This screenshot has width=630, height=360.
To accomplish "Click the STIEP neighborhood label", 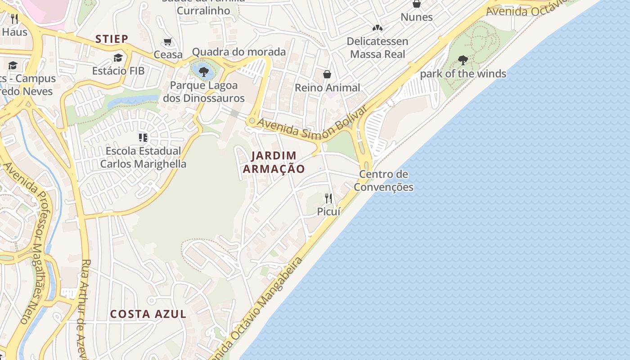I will tap(112, 39).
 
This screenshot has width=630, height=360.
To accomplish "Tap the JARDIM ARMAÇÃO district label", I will tap(274, 162).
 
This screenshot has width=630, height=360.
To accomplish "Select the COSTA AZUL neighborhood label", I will tap(148, 314).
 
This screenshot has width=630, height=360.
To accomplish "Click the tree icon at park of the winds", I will tap(463, 60).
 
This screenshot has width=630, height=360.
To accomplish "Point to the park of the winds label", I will tap(463, 74).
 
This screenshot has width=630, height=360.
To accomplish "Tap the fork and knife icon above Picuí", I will tap(328, 198).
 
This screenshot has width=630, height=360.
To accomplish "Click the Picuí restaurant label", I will tap(328, 211).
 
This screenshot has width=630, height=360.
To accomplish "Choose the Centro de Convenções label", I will tap(383, 180).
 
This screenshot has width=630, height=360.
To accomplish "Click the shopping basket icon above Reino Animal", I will tap(327, 74).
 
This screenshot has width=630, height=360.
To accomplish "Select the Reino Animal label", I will tap(327, 88).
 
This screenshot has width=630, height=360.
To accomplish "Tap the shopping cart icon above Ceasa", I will tap(168, 42).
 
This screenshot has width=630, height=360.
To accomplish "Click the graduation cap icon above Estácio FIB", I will tap(118, 58).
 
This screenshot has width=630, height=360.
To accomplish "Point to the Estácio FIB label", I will tap(118, 71).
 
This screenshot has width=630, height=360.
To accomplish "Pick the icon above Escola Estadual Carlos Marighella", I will tap(143, 138).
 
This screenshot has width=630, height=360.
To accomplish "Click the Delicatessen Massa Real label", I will tap(378, 48).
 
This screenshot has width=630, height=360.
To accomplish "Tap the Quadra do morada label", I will tap(238, 52).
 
